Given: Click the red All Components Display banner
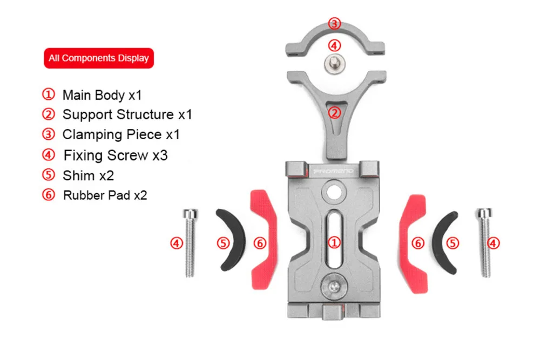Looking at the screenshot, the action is pyautogui.click(x=99, y=58).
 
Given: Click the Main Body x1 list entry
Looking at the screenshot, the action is pyautogui.click(x=92, y=95).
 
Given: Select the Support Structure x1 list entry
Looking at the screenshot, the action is pyautogui.click(x=117, y=114).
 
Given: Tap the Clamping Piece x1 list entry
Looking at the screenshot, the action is pyautogui.click(x=111, y=134).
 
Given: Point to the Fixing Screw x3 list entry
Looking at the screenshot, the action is pyautogui.click(x=105, y=155).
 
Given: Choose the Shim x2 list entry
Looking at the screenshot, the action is pyautogui.click(x=77, y=175).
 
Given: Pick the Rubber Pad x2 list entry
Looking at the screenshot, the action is pyautogui.click(x=94, y=195).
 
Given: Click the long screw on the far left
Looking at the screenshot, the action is pyautogui.click(x=190, y=243).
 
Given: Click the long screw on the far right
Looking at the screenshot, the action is pyautogui.click(x=484, y=242).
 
